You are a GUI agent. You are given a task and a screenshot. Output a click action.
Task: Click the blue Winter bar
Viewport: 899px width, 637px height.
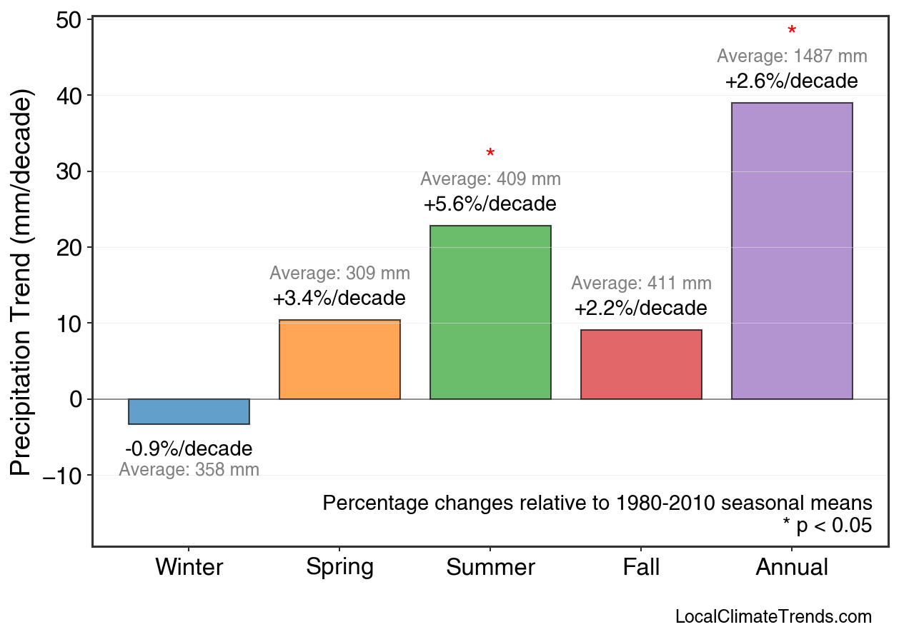click(x=189, y=411)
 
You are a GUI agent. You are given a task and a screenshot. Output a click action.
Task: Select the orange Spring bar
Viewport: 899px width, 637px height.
click(x=339, y=359)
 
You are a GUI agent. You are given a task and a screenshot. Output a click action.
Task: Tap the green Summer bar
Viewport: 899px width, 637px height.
click(x=490, y=312)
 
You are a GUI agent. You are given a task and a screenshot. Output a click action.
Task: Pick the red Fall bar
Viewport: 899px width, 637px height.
click(x=641, y=364)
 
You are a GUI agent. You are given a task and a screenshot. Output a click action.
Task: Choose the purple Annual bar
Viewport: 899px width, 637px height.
click(x=792, y=251)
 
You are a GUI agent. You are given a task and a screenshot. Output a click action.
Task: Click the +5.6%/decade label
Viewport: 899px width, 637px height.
click(x=490, y=204)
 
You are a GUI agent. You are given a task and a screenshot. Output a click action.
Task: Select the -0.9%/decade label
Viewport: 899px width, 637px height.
click(x=189, y=449)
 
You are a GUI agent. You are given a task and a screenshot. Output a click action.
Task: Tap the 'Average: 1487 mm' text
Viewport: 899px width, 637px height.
click(x=792, y=56)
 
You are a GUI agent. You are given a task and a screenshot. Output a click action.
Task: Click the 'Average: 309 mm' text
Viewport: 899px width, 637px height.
click(x=339, y=274)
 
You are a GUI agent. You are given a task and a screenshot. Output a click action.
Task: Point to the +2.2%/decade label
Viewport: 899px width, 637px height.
click(x=641, y=309)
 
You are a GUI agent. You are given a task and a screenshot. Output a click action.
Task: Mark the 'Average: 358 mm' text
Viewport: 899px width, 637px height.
click(x=189, y=470)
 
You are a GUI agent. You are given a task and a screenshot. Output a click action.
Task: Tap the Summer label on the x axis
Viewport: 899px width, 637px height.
click(x=490, y=568)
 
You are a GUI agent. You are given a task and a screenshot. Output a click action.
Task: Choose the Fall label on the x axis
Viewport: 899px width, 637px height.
click(x=641, y=568)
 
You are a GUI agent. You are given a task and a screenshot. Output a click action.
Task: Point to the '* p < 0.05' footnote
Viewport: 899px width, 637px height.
click(x=827, y=526)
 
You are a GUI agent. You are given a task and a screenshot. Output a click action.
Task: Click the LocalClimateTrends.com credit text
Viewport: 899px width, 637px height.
click(x=773, y=617)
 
